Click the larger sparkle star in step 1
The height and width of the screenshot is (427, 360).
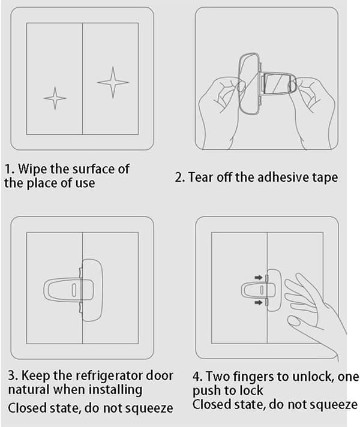click(x=113, y=82)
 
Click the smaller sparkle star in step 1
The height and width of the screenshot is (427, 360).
click(x=55, y=98)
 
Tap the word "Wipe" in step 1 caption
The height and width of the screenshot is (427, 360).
click(x=32, y=169)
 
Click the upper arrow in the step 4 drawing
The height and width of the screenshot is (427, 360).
click(x=259, y=278)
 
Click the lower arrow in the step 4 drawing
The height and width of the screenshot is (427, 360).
click(x=259, y=302)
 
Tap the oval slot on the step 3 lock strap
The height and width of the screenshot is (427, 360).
click(x=74, y=290)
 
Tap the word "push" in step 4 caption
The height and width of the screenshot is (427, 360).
click(x=206, y=391)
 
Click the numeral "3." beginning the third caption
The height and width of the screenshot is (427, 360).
click(x=13, y=375)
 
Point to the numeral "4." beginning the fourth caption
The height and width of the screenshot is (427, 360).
click(x=197, y=377)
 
